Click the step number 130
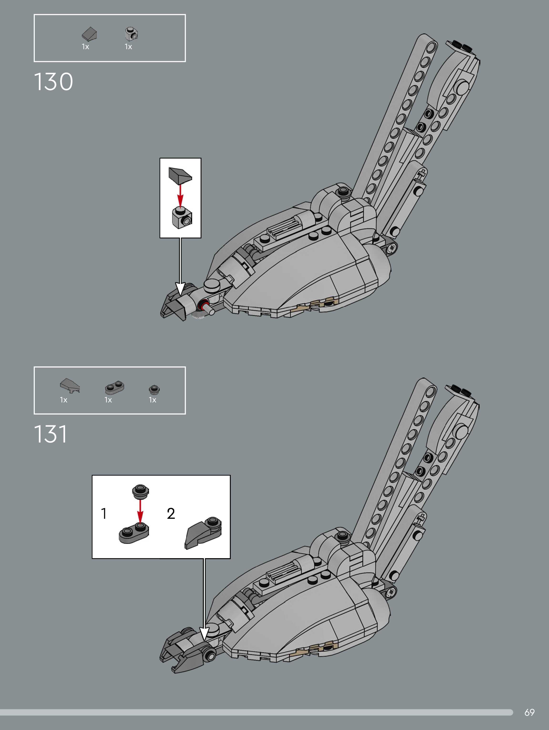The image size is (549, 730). (53, 82)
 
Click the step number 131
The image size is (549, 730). (51, 434)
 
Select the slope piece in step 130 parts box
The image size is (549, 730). (89, 34)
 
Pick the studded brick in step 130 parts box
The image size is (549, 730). (132, 33)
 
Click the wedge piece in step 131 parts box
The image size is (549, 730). (70, 385)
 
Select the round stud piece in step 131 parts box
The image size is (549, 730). (154, 389)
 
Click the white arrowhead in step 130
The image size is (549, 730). (180, 289)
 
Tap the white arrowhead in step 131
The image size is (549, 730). (204, 633)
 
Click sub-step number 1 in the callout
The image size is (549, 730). (104, 514)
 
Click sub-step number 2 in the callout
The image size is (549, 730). (171, 514)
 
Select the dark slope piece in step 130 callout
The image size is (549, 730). (180, 175)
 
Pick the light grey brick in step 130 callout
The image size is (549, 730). (181, 218)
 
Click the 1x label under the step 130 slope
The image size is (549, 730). (85, 47)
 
